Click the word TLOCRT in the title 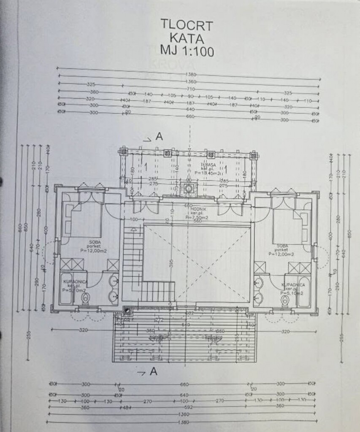pos(187,24)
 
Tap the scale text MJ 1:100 pos(187,51)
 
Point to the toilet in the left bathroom pos(85,298)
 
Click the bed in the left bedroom pos(82,219)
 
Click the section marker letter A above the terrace pos(159,136)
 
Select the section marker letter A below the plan pos(154,372)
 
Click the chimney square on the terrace pos(188,188)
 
